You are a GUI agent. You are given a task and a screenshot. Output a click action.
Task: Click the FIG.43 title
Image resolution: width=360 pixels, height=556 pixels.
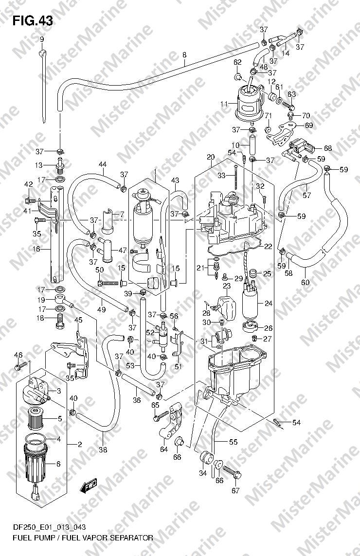[32, 21]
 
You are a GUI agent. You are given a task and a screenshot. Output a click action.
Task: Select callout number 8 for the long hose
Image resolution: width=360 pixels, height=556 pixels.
[184, 55]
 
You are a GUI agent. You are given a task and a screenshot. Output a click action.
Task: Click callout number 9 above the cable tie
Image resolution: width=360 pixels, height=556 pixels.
[42, 39]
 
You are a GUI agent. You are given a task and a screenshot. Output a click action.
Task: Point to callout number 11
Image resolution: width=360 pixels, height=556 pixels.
[224, 104]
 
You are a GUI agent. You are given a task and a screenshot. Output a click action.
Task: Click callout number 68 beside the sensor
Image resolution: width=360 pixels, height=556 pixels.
[328, 148]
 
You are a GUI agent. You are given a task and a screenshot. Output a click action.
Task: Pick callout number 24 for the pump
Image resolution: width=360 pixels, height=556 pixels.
[268, 303]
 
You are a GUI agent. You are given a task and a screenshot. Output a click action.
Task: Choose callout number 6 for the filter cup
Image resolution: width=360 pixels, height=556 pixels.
[58, 464]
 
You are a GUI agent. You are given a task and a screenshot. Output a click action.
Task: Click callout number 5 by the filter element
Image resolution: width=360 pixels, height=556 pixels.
[59, 419]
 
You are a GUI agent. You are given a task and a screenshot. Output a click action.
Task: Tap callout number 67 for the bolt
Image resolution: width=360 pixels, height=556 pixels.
[235, 491]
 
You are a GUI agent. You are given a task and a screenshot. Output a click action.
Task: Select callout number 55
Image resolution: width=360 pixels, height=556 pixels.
[233, 442]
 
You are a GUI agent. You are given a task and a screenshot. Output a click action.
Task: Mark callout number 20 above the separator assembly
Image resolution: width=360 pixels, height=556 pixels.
[211, 157]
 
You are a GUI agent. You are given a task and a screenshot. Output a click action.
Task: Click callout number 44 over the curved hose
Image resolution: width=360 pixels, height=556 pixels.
[103, 164]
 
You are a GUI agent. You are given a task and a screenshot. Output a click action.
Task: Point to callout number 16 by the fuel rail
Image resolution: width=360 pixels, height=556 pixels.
[36, 249]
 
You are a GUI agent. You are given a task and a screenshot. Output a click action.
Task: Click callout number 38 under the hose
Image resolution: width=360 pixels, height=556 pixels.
[103, 450]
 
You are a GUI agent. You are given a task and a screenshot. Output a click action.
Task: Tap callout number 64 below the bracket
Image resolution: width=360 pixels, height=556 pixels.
[163, 449]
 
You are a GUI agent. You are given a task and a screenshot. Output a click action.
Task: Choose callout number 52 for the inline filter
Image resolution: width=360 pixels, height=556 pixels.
[150, 333]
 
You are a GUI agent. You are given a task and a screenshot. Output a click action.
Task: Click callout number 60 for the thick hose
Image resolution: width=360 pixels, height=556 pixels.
[305, 283]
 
